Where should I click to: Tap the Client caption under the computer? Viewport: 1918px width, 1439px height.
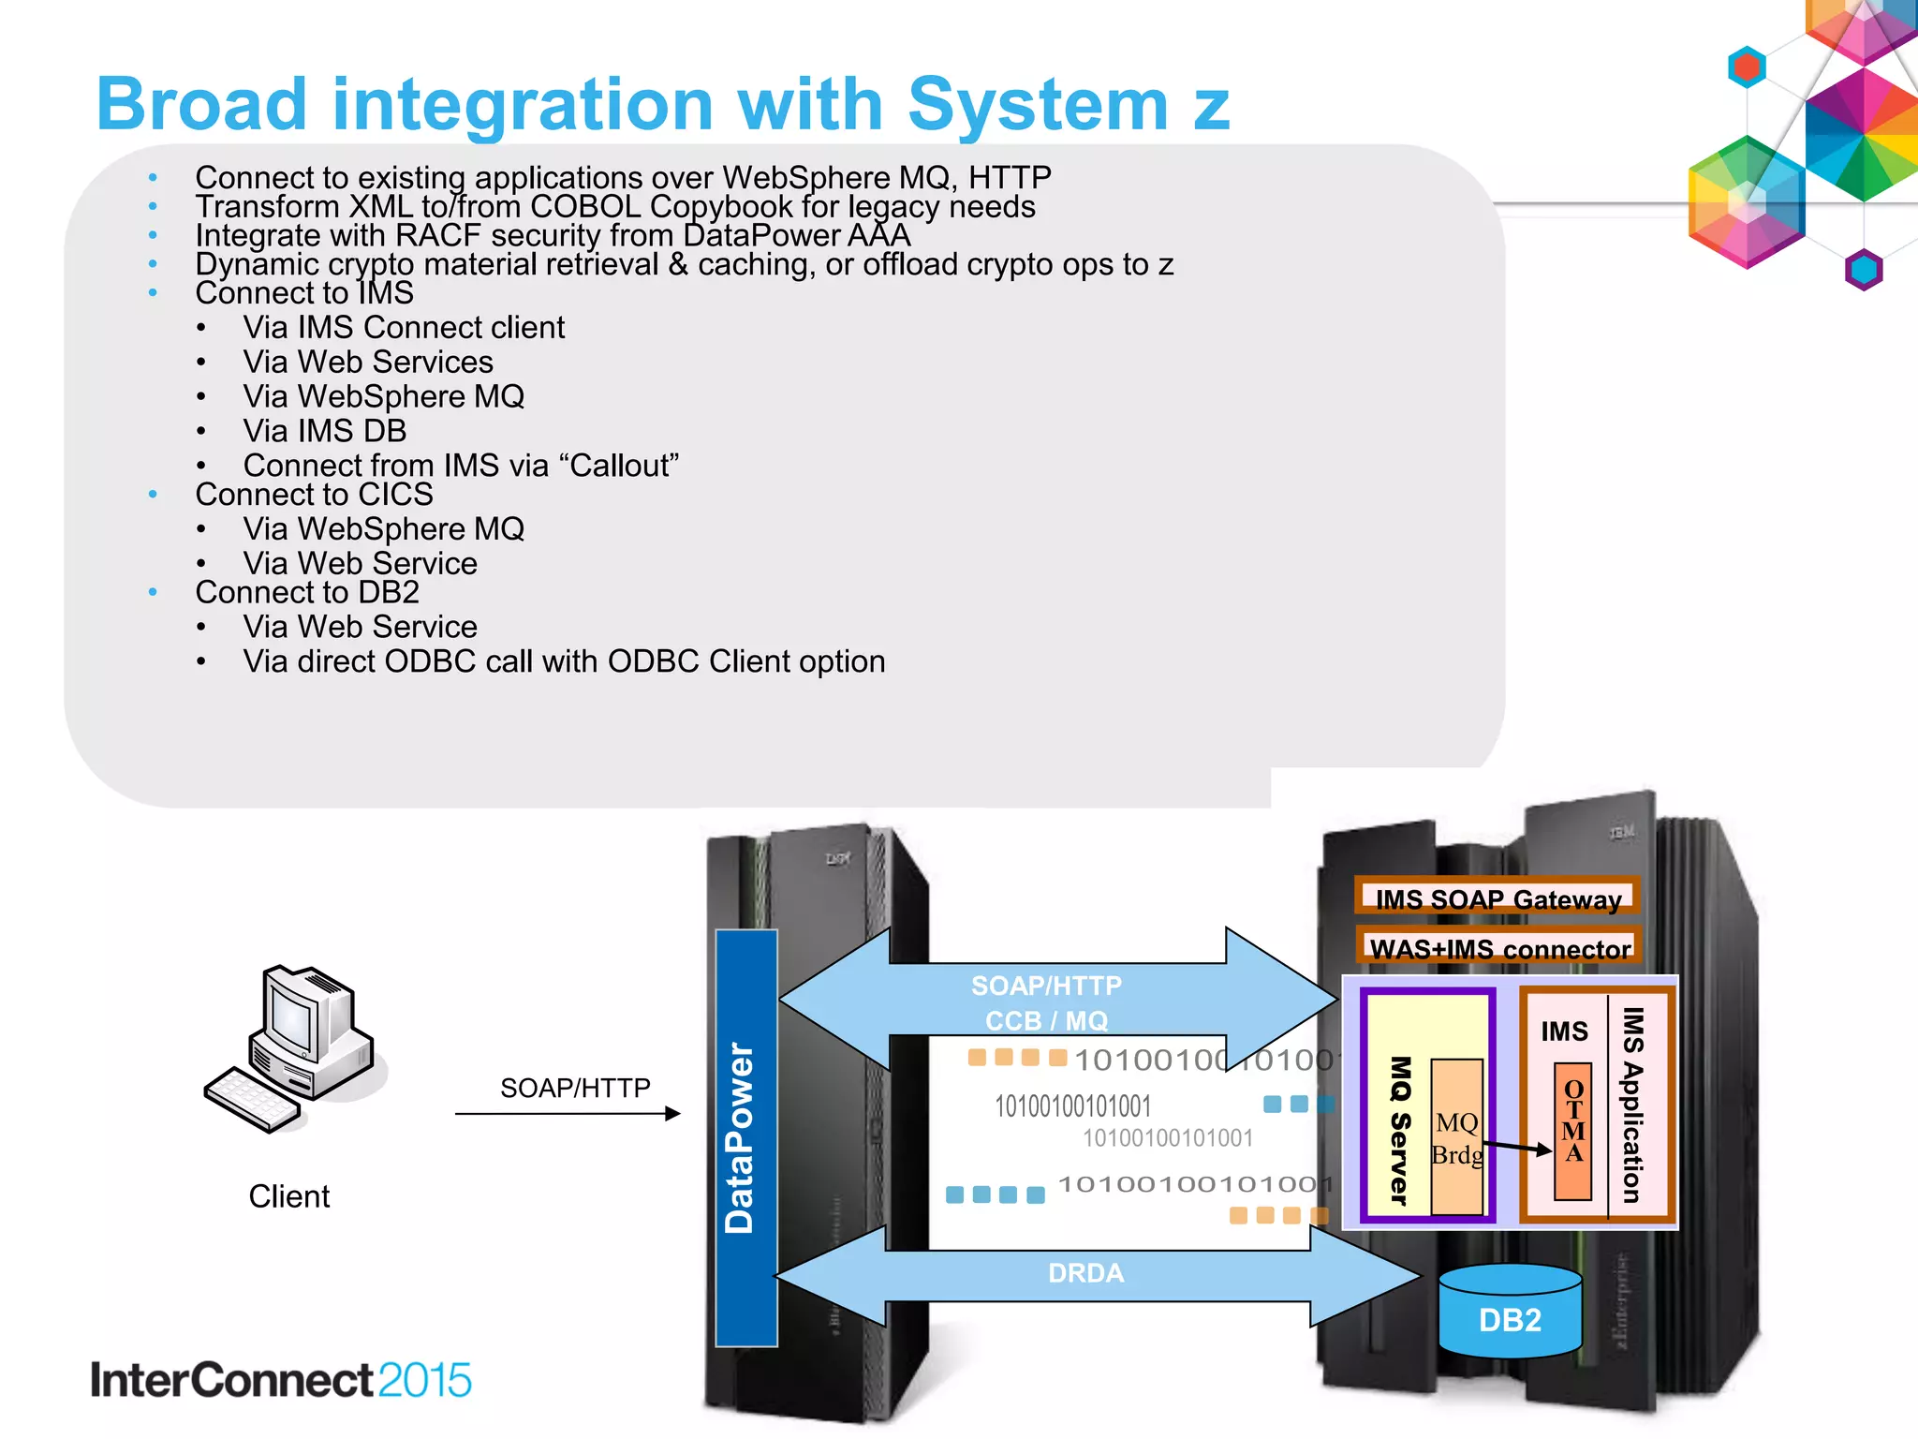(x=288, y=1196)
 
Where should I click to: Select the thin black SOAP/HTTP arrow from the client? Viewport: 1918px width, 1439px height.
(x=567, y=1114)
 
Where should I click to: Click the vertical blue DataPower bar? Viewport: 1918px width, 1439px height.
(x=745, y=1137)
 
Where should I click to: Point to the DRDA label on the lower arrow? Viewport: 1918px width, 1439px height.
(x=1085, y=1273)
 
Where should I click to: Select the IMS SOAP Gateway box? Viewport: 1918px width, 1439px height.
(x=1497, y=898)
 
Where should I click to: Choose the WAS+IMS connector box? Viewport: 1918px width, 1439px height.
(x=1498, y=948)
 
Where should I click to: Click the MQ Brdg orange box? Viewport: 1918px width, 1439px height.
(x=1456, y=1137)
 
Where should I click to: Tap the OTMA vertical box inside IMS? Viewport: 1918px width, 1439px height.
(x=1573, y=1131)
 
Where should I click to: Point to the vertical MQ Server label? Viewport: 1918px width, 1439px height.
(x=1400, y=1130)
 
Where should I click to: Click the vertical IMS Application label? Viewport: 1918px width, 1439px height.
(x=1632, y=1105)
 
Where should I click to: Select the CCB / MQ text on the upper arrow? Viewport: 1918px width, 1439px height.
(x=1046, y=1020)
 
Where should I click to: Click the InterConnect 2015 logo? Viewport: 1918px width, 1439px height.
(x=280, y=1380)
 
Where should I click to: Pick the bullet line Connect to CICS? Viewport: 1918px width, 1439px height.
(x=314, y=495)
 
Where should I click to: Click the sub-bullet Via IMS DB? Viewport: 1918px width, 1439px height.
(x=324, y=431)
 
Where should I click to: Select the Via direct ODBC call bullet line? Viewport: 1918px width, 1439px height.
(x=563, y=661)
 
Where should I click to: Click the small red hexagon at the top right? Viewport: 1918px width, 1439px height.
(x=1747, y=67)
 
